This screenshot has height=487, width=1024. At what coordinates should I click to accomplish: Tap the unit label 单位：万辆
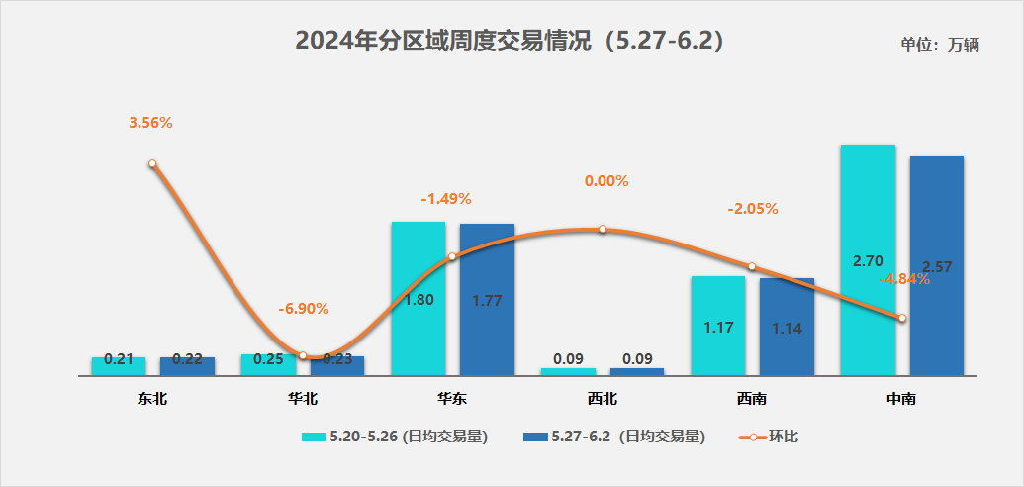click(x=939, y=46)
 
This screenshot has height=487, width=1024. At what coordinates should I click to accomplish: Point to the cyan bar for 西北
click(x=568, y=371)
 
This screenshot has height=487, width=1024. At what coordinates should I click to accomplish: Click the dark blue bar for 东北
click(x=187, y=366)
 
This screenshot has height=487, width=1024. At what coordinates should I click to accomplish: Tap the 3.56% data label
click(x=150, y=123)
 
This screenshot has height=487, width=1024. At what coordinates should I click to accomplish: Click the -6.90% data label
click(x=303, y=309)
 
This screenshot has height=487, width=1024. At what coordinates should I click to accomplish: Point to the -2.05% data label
click(x=753, y=209)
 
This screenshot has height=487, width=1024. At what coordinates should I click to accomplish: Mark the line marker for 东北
click(x=152, y=164)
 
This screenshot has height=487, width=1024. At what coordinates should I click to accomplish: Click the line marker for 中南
click(x=901, y=318)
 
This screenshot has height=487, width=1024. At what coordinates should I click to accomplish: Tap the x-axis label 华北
click(x=303, y=400)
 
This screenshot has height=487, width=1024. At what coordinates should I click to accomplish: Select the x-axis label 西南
click(x=752, y=400)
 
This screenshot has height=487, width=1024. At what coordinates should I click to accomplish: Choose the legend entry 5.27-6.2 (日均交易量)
click(x=613, y=436)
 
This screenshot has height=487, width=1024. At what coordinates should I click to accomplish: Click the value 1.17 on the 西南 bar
click(x=718, y=327)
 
